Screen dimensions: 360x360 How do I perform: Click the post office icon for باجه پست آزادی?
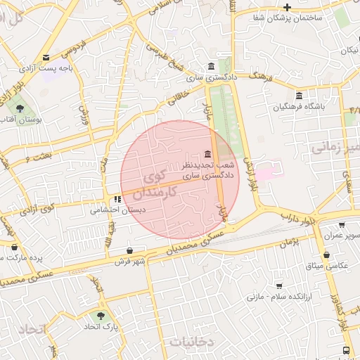point(46,58)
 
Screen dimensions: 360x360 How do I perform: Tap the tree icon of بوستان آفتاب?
point(20,108)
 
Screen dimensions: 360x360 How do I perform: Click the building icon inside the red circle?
point(207,154)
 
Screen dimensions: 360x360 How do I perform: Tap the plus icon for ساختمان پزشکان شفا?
point(288,6)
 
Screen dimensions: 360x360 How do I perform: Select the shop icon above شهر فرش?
point(129,251)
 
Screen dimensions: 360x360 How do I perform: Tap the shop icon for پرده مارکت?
point(15,247)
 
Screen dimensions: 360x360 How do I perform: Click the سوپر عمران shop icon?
point(342,226)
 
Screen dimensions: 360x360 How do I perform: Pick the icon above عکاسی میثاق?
point(326,255)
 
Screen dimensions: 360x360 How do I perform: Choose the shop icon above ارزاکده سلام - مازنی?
point(279,286)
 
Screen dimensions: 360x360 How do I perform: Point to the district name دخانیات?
point(190,341)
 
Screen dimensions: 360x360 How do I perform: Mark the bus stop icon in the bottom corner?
point(346,350)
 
